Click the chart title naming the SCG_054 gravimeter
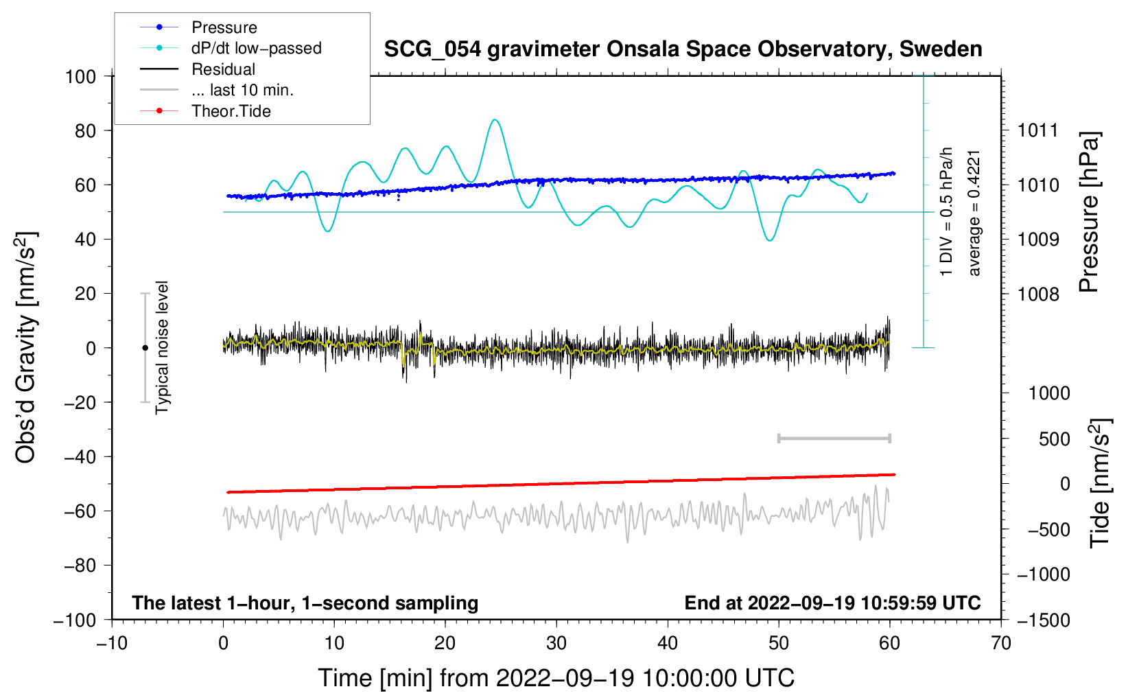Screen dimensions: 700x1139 click(683, 49)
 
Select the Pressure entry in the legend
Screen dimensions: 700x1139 click(224, 27)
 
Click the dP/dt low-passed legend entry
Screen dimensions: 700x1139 click(256, 48)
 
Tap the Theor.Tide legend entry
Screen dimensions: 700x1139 click(231, 111)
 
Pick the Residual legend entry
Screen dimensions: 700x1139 click(223, 69)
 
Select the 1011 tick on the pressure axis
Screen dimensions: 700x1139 click(1038, 130)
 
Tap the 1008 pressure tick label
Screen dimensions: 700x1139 click(1038, 294)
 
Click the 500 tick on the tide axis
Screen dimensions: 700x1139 click(1055, 439)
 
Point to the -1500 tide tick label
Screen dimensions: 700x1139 click(1044, 620)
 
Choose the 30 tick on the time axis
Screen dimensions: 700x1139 click(556, 644)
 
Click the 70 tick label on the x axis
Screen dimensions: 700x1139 click(1001, 644)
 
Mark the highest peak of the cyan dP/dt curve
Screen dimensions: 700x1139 click(495, 120)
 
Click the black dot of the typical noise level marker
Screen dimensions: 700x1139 click(145, 348)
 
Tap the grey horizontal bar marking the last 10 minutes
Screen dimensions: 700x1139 click(834, 439)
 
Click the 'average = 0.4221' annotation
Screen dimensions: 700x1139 click(974, 213)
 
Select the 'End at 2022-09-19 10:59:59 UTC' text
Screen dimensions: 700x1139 click(832, 603)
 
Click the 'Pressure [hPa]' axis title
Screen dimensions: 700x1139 click(1089, 213)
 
